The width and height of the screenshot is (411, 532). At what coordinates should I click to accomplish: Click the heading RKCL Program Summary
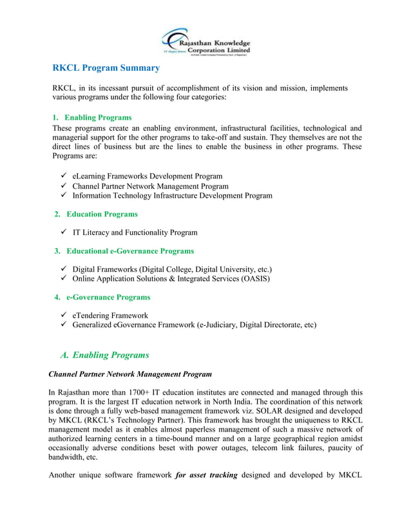pyautogui.click(x=106, y=68)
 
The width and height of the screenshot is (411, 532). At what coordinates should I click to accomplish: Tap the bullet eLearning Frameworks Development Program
pyautogui.click(x=148, y=176)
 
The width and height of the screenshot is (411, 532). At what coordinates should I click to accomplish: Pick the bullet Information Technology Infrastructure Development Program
pyautogui.click(x=172, y=195)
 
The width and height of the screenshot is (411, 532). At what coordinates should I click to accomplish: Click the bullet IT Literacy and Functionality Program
pyautogui.click(x=135, y=232)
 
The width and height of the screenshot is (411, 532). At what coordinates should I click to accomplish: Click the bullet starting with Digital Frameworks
pyautogui.click(x=172, y=269)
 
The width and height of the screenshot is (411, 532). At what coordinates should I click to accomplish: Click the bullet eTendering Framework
pyautogui.click(x=110, y=316)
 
